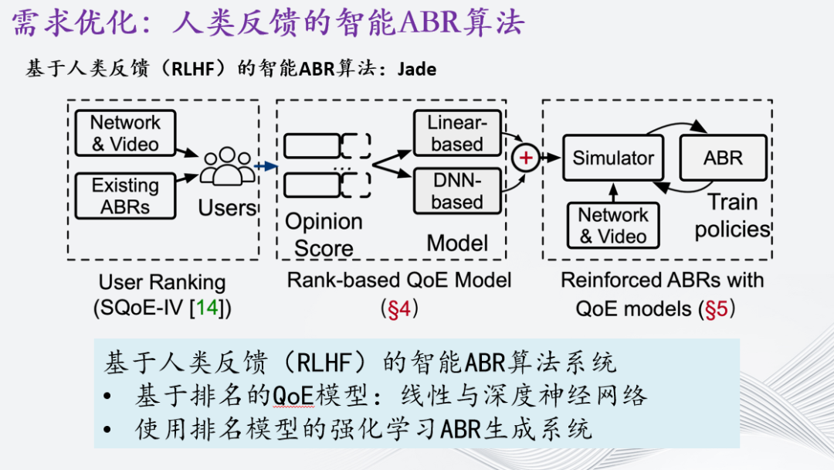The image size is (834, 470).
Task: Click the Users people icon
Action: click(x=226, y=166)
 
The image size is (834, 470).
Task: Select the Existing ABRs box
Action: click(x=125, y=196)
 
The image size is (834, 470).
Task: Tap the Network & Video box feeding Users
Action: click(x=125, y=133)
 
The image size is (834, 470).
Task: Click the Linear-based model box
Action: click(x=457, y=133)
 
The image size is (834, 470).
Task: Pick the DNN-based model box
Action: click(x=457, y=192)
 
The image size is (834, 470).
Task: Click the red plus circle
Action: click(x=526, y=158)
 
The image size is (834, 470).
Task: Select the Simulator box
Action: click(x=613, y=158)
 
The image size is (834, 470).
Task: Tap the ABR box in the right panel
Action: click(x=723, y=158)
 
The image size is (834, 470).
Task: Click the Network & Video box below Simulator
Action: click(x=614, y=226)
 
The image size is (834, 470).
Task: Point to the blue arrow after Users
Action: click(x=266, y=166)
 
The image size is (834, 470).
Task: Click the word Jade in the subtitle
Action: click(x=417, y=70)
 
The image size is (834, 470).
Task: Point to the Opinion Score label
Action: click(x=324, y=235)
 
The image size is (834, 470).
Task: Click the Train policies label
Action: click(x=732, y=216)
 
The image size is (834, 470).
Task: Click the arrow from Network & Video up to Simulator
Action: click(x=613, y=191)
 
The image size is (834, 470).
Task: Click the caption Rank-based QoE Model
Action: click(x=399, y=280)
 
